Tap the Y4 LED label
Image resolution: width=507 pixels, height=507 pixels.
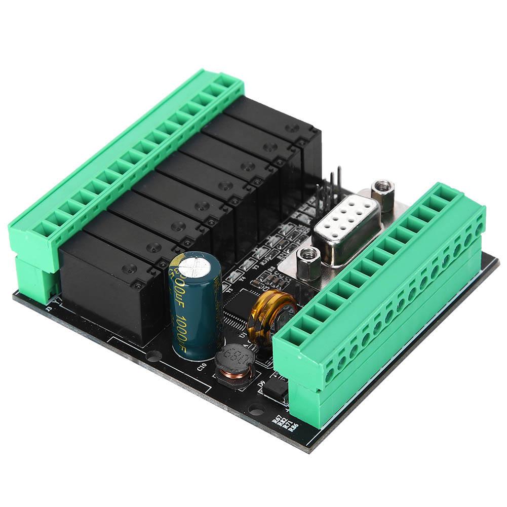click(242, 278)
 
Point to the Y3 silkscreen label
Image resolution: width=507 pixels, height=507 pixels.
click(256, 267)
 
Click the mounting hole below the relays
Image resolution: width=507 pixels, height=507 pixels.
click(152, 355)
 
